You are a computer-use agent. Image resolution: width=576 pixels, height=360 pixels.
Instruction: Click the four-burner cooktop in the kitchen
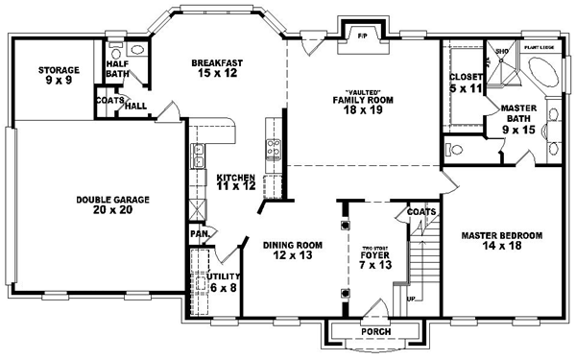point(272,148)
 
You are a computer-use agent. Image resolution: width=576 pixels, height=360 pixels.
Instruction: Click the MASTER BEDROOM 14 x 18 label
point(502,241)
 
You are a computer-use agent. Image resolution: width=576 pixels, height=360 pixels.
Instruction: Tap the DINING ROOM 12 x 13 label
point(293,251)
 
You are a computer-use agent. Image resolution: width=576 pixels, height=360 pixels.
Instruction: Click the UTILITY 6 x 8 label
point(223,281)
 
